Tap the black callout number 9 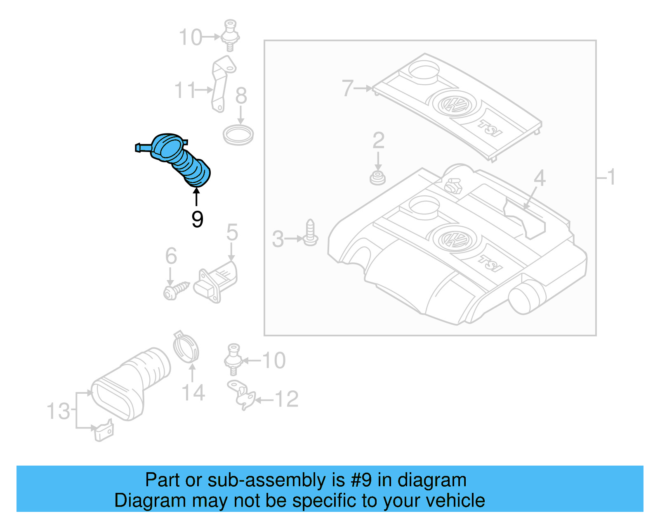[x=197, y=219]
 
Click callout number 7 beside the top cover [x=347, y=88]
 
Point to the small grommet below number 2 [x=377, y=178]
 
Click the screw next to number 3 [x=310, y=233]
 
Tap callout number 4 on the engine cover [x=539, y=178]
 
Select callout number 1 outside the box [x=611, y=177]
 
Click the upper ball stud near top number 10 [x=230, y=35]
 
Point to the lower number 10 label [x=273, y=361]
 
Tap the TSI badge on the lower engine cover [x=490, y=263]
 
